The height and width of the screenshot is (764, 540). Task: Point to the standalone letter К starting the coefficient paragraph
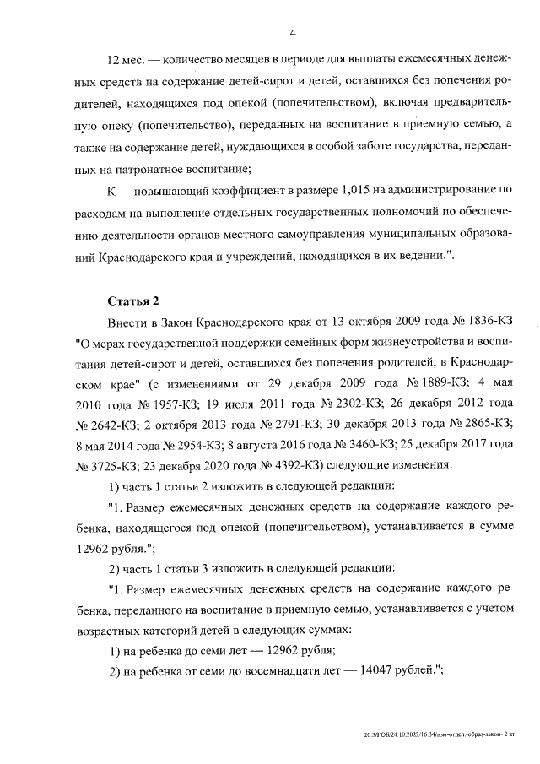click(x=112, y=188)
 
